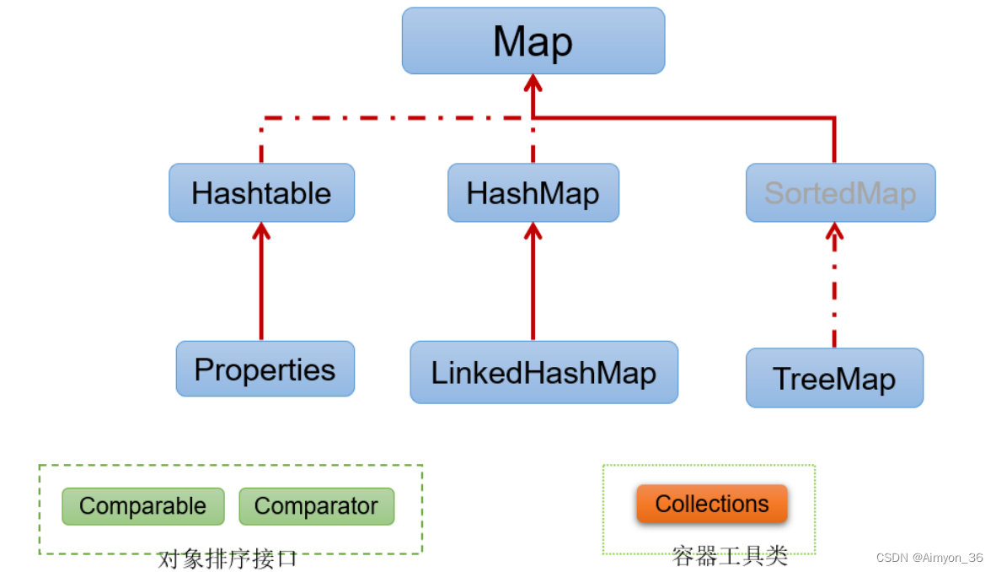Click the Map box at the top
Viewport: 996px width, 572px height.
coord(533,40)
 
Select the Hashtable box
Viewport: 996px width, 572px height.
coord(261,193)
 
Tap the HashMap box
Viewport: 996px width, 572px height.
coord(533,193)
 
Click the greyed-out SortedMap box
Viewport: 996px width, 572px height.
coord(840,193)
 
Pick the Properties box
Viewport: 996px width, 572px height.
coord(265,370)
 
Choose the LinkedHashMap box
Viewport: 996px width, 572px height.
coord(544,373)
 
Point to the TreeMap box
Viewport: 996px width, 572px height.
coord(834,378)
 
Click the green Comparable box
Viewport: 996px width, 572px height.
coord(142,506)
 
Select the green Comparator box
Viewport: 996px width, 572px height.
coord(316,506)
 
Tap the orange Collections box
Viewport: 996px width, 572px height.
coord(712,504)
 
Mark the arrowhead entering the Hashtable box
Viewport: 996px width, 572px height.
coord(261,230)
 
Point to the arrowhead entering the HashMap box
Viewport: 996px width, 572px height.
coord(533,230)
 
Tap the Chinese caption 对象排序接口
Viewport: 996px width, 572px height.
coord(228,559)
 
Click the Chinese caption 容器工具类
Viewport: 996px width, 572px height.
coord(730,556)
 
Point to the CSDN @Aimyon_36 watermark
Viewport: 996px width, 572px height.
coord(929,558)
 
